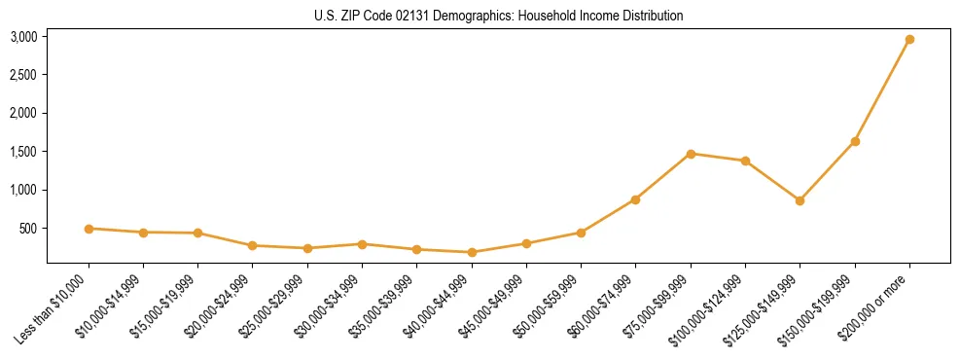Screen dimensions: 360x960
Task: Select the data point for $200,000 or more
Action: [909, 40]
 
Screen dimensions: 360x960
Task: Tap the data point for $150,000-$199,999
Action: [855, 142]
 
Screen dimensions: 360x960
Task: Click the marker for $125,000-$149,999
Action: [800, 200]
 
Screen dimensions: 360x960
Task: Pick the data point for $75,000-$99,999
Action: [691, 154]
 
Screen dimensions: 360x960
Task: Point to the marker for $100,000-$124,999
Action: [745, 161]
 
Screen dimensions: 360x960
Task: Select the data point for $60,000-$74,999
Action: [635, 199]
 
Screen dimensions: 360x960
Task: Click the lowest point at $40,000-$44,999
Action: [472, 252]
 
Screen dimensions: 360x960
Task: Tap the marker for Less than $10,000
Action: [89, 229]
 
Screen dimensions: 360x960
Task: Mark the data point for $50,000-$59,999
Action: [581, 233]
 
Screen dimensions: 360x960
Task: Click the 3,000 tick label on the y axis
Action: [23, 37]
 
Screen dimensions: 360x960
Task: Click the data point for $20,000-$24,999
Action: [253, 245]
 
